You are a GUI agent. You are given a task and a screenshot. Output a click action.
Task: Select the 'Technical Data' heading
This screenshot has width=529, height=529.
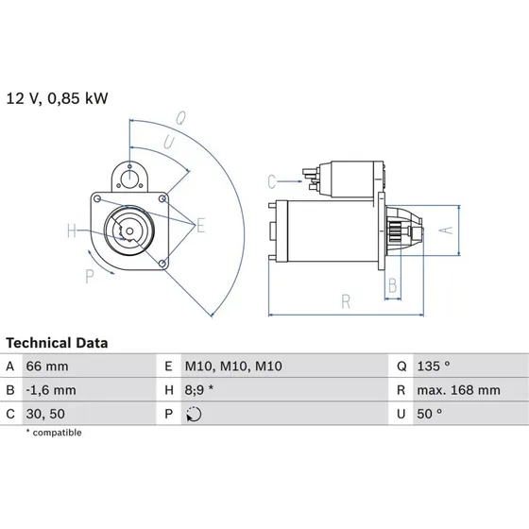pos(57,343)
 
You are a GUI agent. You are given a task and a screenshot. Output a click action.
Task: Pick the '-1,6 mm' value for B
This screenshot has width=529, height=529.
pos(53,389)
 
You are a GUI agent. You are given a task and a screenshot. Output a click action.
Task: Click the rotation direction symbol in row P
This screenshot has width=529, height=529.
pos(195,413)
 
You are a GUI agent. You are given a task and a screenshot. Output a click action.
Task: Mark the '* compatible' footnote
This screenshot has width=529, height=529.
pos(54,433)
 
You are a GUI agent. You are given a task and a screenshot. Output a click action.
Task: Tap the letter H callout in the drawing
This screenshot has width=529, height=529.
pos(71,230)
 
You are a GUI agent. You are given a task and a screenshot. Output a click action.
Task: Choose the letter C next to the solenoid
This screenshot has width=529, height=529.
pos(270,179)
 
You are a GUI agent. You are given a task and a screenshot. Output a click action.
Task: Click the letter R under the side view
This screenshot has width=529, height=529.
pos(348,301)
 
